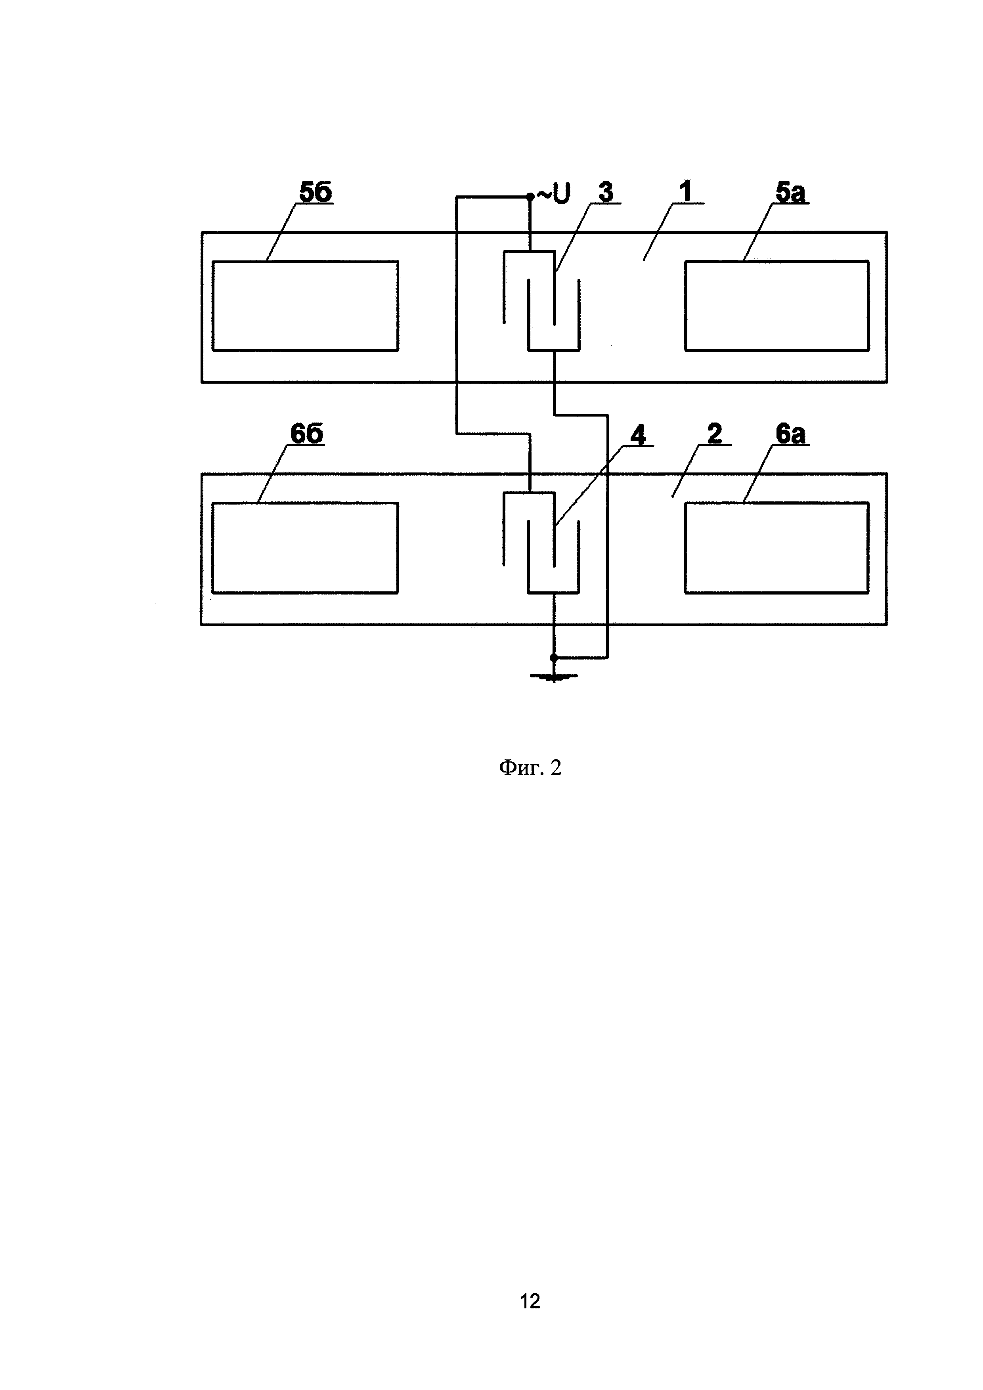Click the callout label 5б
[316, 193]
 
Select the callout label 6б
[306, 434]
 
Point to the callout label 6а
[790, 434]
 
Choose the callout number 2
[714, 434]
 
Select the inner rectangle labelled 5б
[305, 306]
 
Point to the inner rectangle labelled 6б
[305, 548]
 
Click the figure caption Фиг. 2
[530, 768]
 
